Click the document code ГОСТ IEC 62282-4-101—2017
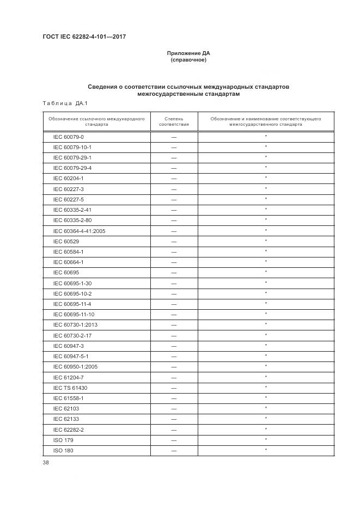click(x=84, y=37)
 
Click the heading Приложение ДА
click(x=188, y=53)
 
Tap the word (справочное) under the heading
click(x=188, y=60)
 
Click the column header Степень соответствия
click(x=174, y=121)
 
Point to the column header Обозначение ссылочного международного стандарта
click(x=96, y=121)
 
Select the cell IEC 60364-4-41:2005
click(x=79, y=231)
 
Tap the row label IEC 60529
click(x=66, y=241)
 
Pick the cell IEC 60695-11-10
click(x=74, y=314)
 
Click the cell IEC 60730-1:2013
click(x=75, y=324)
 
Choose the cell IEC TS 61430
click(x=70, y=388)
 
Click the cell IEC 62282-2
click(x=69, y=430)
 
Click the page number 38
click(x=45, y=463)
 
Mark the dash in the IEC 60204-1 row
click(x=174, y=179)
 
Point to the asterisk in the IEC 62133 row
click(x=266, y=418)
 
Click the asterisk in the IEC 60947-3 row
click(x=266, y=345)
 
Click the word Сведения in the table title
click(x=106, y=87)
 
